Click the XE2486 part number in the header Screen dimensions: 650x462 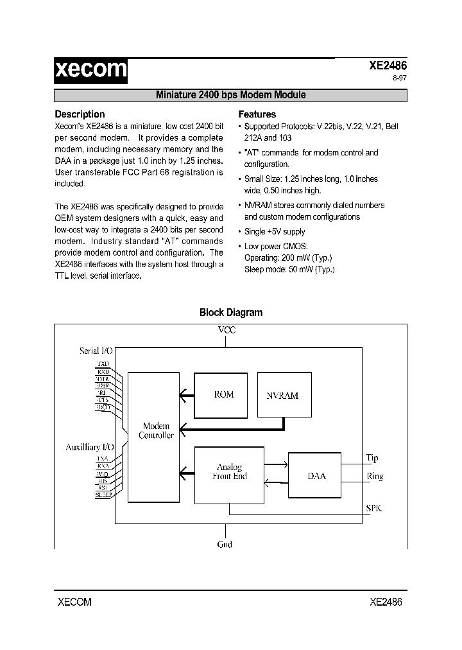388,66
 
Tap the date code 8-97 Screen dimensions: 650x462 399,79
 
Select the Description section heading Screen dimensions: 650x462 80,114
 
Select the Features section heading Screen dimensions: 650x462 257,114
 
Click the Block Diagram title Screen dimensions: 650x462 231,313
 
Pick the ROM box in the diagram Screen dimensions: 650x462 223,394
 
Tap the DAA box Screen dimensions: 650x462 316,476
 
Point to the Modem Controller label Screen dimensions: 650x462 157,430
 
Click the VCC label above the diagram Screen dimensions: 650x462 227,330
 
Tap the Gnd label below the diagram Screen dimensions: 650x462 225,545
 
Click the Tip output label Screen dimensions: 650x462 372,458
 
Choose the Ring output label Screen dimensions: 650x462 374,477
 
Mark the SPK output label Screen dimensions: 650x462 373,508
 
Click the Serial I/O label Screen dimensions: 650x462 96,351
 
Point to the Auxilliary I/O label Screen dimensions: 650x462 90,446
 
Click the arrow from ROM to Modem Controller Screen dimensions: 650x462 186,395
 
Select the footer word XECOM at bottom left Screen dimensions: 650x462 74,602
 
